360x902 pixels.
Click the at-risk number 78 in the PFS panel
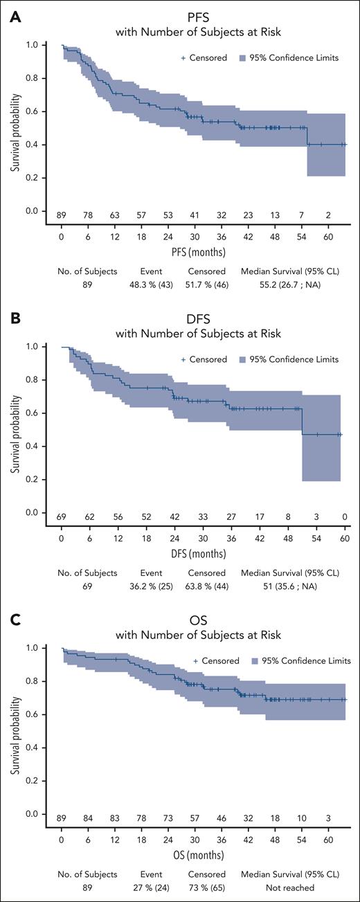click(89, 215)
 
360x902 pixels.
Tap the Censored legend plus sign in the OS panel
click(197, 661)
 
